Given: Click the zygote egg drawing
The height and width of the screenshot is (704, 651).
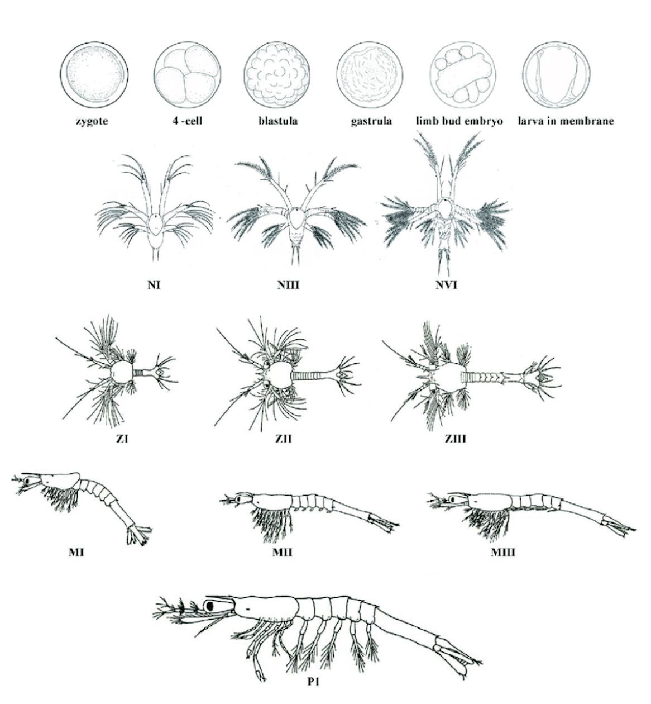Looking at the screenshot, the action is tap(94, 75).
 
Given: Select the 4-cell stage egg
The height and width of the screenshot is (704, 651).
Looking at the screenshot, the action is tap(188, 75).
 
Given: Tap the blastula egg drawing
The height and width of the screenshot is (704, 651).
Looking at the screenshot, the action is tap(277, 75).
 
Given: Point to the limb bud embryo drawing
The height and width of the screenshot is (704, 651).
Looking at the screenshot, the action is tap(463, 75).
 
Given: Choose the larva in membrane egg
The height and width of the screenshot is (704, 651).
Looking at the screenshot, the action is tap(557, 75).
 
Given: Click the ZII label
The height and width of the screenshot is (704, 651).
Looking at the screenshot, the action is tap(283, 439).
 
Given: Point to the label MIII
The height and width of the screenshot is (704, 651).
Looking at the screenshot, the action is tap(503, 552).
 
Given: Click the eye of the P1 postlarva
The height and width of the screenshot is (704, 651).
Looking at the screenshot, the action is tap(210, 606).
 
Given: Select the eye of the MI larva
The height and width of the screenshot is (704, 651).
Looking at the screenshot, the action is tap(27, 481).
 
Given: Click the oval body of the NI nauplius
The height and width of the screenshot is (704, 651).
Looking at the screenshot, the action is tap(155, 225).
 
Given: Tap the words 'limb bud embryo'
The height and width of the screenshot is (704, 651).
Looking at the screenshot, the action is tap(459, 121).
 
